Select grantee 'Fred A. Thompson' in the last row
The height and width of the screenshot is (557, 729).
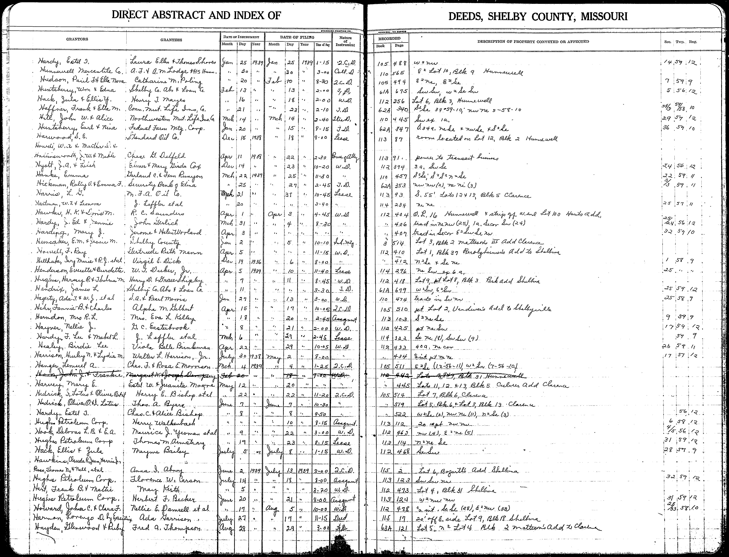click(x=166, y=529)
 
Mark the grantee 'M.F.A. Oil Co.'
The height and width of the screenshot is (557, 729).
click(x=153, y=194)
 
